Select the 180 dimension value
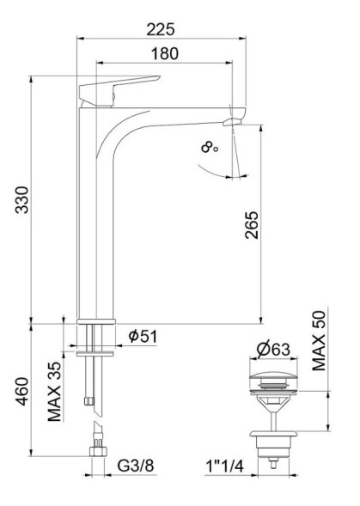pos(164,53)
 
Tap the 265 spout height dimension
pos(251,225)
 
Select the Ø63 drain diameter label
pos(272,351)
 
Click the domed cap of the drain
pos(272,379)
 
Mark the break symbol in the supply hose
pos(95,412)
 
